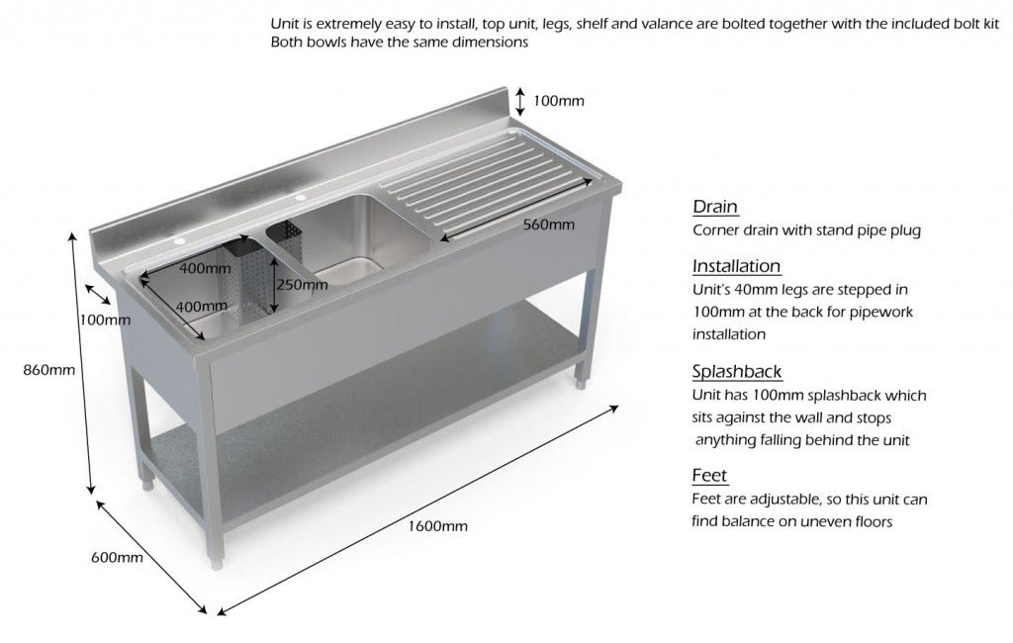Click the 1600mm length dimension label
point(437,525)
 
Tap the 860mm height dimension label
point(50,371)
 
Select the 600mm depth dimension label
point(117,557)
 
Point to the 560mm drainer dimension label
point(548,225)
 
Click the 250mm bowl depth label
point(303,285)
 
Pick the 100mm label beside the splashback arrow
point(559,100)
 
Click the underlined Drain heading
point(715,207)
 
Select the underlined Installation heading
point(736,266)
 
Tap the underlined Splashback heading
point(737,372)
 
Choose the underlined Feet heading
point(709,476)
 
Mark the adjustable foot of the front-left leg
point(217,563)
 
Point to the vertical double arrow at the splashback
point(520,101)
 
